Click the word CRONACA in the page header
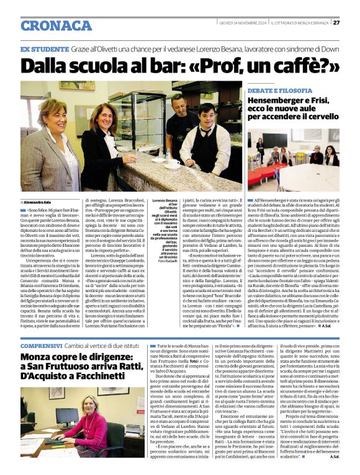click(x=56, y=25)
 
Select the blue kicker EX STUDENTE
click(x=45, y=48)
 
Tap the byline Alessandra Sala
click(x=39, y=202)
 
